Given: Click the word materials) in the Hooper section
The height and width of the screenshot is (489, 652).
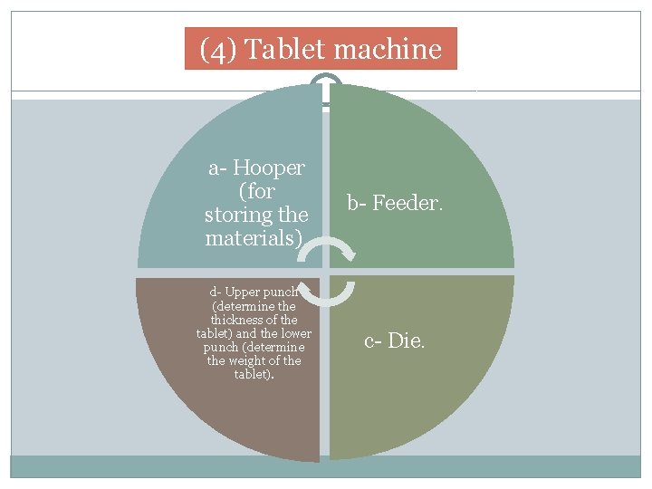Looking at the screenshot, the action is (252, 239).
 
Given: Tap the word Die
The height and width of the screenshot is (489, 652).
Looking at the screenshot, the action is (406, 341).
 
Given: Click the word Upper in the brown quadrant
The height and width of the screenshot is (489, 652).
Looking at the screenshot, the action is (243, 292).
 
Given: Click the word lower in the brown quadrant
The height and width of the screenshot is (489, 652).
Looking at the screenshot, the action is (292, 333).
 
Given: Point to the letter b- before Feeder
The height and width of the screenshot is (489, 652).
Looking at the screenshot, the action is (356, 203).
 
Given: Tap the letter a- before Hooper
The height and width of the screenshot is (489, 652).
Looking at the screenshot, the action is (218, 168).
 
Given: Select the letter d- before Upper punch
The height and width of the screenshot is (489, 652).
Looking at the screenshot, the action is (215, 292).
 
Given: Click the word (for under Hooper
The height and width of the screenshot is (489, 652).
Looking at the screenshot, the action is (256, 191).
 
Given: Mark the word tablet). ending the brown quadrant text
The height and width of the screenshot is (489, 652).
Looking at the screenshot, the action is (253, 374).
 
